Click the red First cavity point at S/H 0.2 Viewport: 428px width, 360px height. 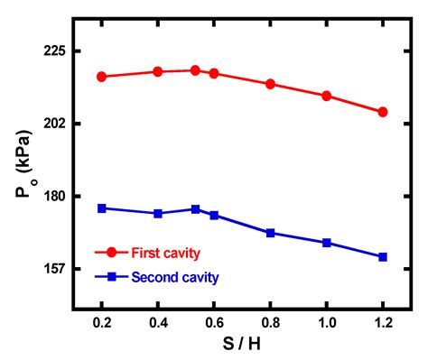coord(102,77)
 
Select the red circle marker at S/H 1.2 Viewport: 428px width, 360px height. coord(383,112)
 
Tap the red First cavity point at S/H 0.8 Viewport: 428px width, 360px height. coord(270,84)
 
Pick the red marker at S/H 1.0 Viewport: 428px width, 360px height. coord(327,96)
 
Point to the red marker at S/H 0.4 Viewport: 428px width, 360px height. coord(158,71)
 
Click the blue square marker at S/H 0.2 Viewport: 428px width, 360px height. coord(102,208)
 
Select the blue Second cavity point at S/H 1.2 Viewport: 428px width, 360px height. coord(383,257)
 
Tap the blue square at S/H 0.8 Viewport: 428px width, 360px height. coord(270,233)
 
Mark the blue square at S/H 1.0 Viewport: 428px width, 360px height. coord(327,243)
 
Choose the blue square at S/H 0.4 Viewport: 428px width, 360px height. coord(158,214)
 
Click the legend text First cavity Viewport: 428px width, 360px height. coord(165,253)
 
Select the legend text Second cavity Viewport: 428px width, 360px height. coord(175,277)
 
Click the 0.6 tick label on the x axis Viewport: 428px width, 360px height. coord(214,322)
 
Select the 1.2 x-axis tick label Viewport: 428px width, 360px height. coord(383,322)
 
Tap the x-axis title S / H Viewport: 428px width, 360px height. coord(242,345)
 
